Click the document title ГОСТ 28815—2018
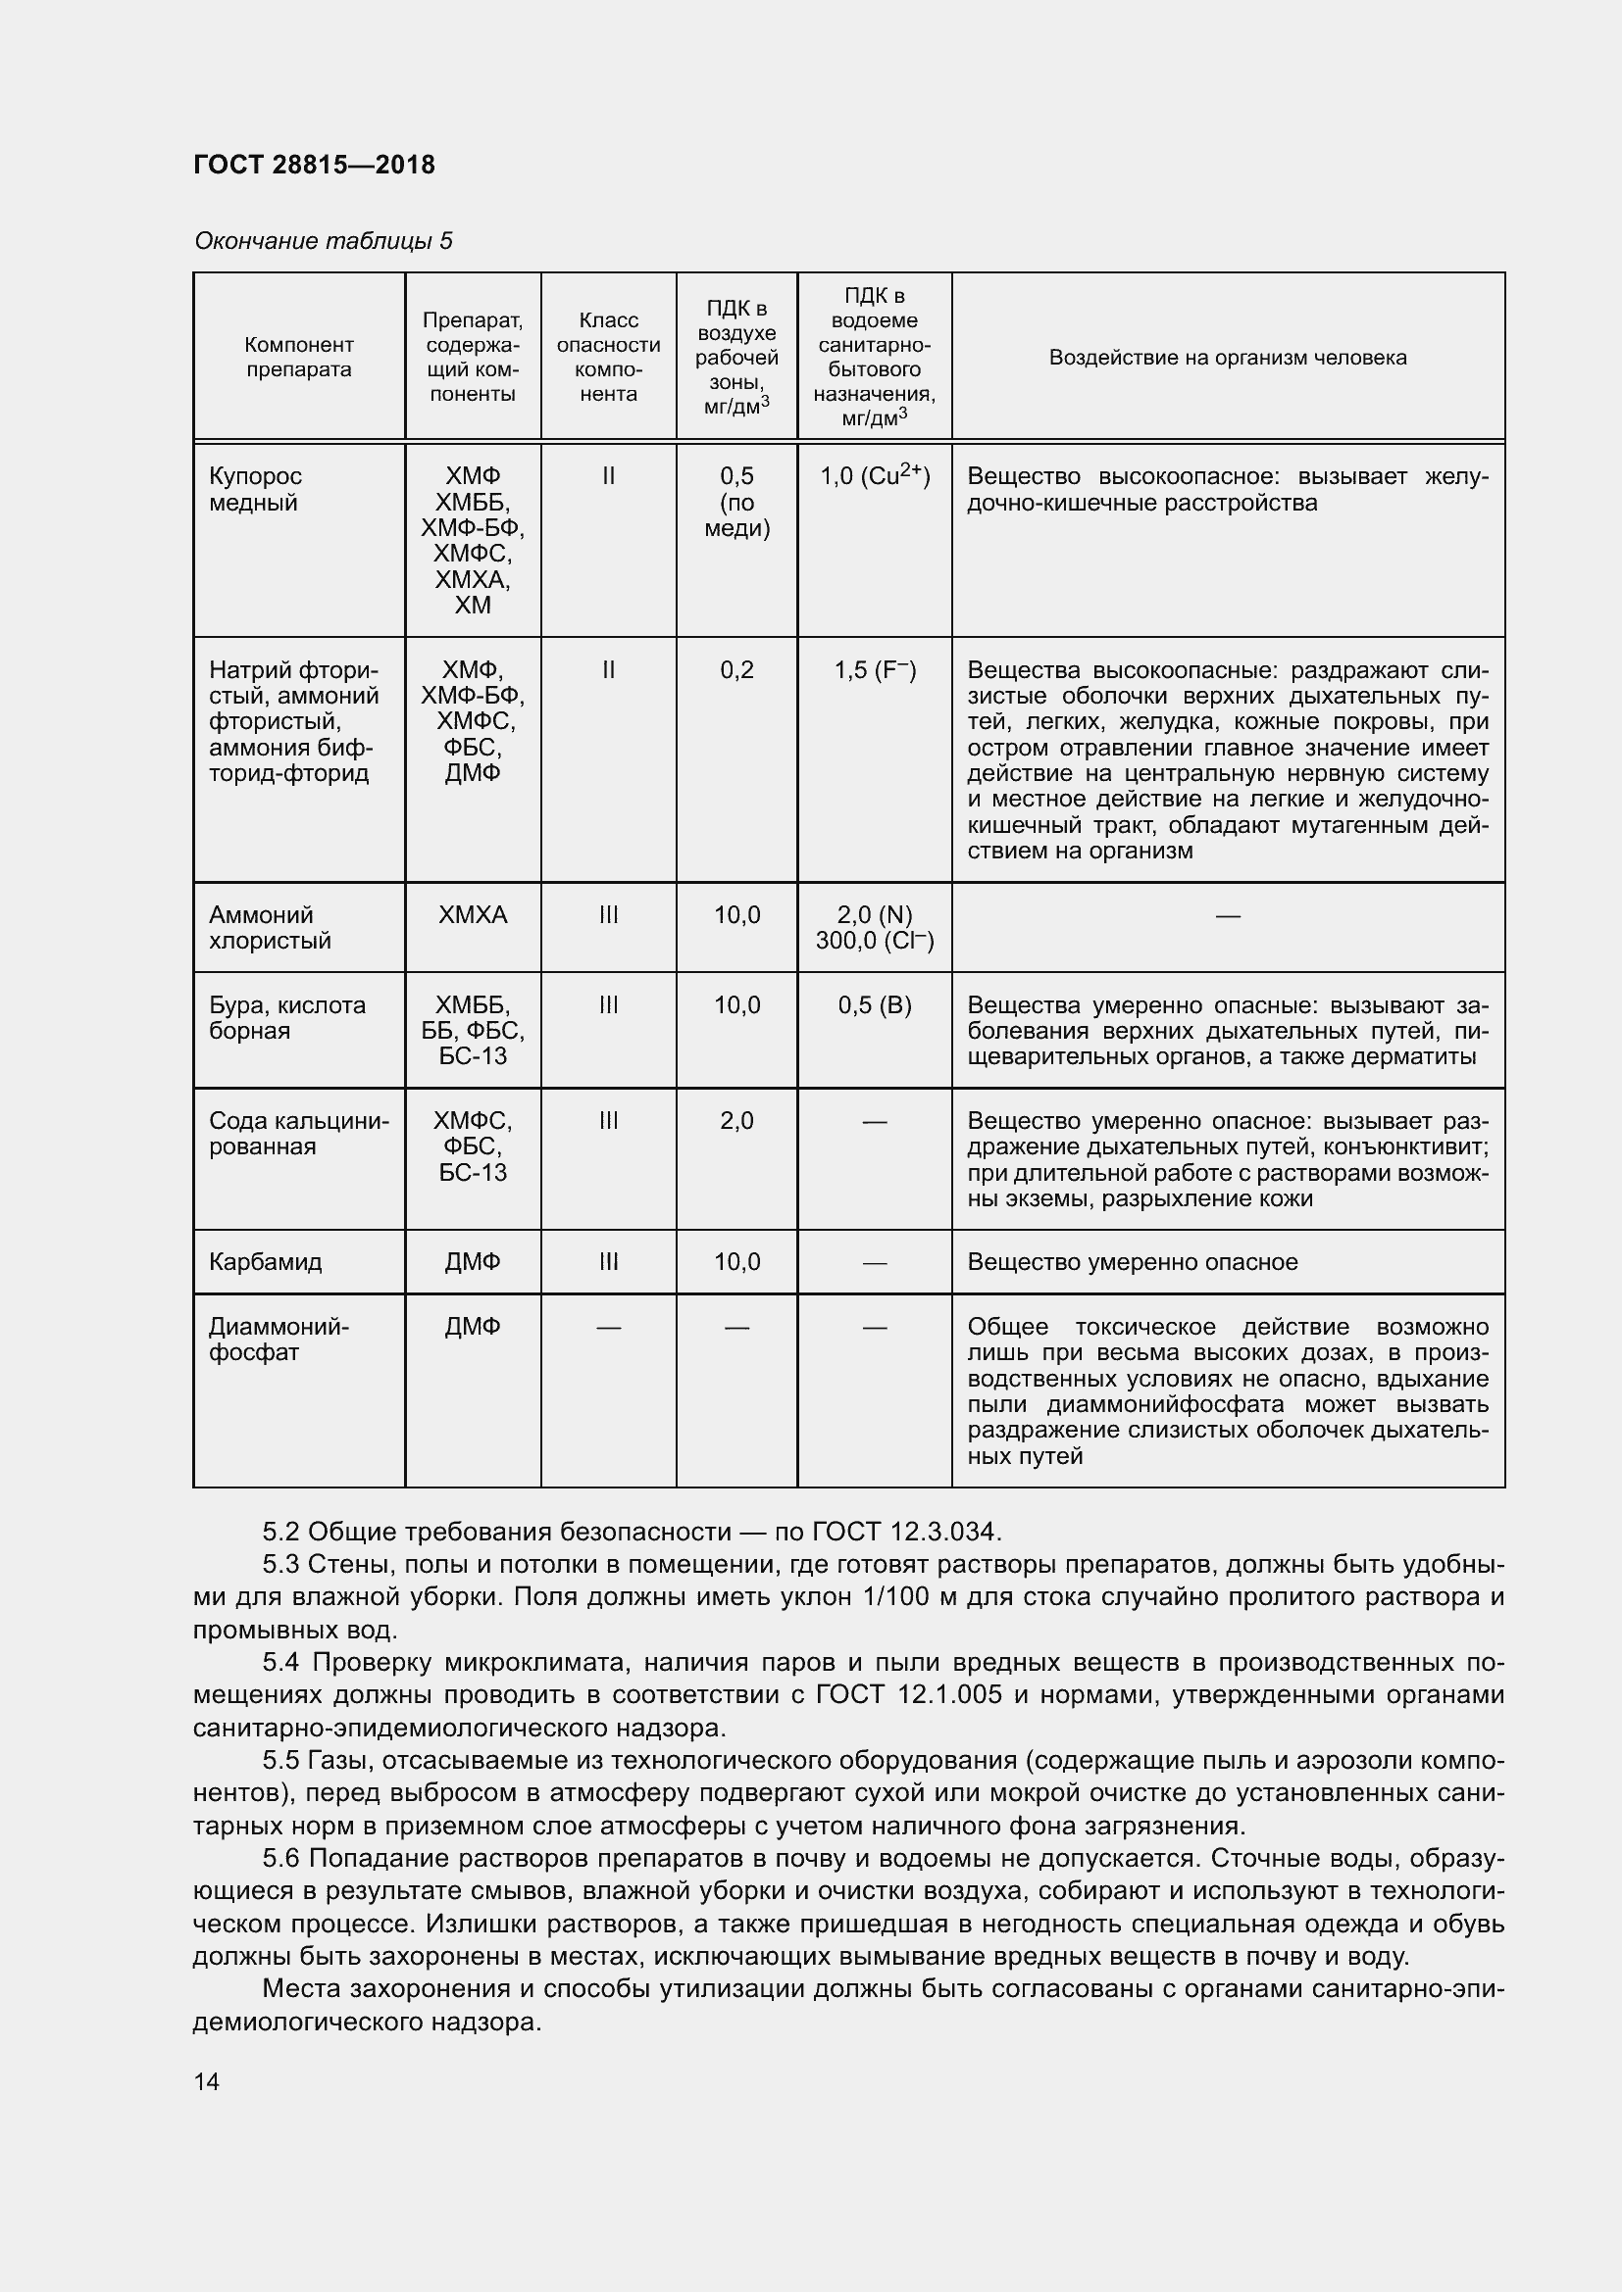(314, 165)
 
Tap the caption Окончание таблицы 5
(323, 241)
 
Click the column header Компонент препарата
(299, 357)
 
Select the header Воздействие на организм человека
(1227, 358)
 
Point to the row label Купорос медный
(256, 489)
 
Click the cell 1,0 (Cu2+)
(874, 475)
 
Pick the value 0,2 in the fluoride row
(736, 670)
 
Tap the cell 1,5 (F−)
(874, 670)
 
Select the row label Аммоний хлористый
(269, 927)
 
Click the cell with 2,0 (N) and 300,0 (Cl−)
(874, 927)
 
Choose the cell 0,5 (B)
(874, 1004)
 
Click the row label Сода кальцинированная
(298, 1133)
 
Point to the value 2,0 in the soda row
(736, 1120)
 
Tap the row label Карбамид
(265, 1262)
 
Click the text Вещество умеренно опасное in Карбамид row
(1132, 1262)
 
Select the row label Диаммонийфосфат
(278, 1339)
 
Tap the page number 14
(207, 2081)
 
